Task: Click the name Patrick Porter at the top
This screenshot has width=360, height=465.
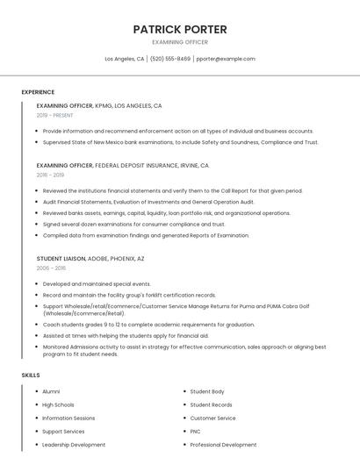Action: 180,29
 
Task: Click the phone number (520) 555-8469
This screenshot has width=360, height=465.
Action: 170,59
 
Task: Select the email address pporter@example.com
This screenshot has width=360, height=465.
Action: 226,59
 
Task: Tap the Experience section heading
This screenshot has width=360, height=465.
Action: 38,92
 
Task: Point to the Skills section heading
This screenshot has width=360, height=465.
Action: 31,375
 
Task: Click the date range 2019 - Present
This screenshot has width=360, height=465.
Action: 54,115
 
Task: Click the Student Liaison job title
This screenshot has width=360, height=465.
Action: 61,259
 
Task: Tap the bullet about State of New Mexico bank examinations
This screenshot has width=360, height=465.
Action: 180,142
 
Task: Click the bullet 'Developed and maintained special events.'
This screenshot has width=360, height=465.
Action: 97,284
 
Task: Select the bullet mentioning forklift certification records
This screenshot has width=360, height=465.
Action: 129,295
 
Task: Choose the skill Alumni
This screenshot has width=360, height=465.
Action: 51,391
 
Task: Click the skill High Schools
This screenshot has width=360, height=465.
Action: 58,404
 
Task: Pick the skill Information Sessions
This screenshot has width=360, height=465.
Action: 68,418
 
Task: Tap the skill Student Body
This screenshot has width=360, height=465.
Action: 207,391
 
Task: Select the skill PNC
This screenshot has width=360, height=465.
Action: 196,432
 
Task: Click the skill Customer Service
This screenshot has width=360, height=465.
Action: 212,418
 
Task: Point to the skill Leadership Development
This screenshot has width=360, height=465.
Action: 74,445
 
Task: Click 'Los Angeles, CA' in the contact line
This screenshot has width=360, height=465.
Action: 124,59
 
